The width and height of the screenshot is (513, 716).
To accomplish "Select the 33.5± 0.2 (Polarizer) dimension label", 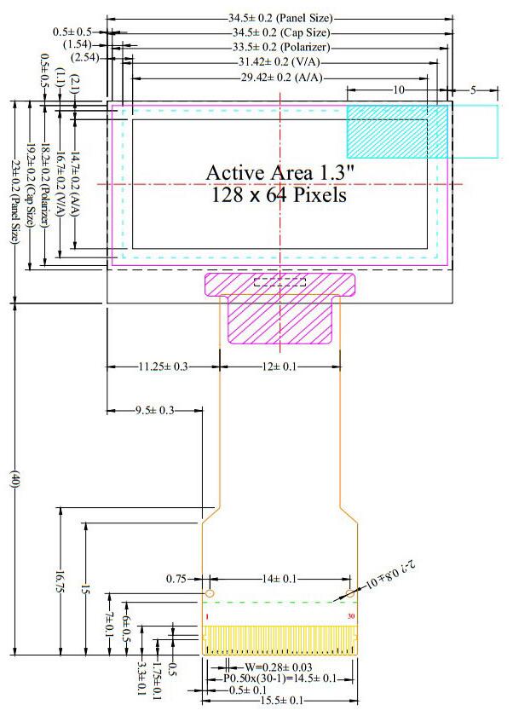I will coord(280,46).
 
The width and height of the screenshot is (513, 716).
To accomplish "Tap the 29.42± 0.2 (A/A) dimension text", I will coord(280,77).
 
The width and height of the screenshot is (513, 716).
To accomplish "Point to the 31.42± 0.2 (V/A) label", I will coord(281,61).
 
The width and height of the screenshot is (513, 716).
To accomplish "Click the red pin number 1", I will coord(206,616).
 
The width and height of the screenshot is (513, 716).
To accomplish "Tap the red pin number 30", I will coord(350,616).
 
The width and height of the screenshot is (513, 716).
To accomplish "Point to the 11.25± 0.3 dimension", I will coord(162,366).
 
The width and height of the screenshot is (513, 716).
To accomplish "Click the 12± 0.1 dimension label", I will coord(280,366).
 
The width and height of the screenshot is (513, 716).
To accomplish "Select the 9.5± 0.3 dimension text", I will coord(154,411).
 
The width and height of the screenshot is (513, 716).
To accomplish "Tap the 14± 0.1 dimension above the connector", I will coord(280,579).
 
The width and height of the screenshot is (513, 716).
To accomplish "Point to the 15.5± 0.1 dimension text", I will coord(278,700).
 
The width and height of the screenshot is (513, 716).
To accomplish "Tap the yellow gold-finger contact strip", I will coord(279,639).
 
